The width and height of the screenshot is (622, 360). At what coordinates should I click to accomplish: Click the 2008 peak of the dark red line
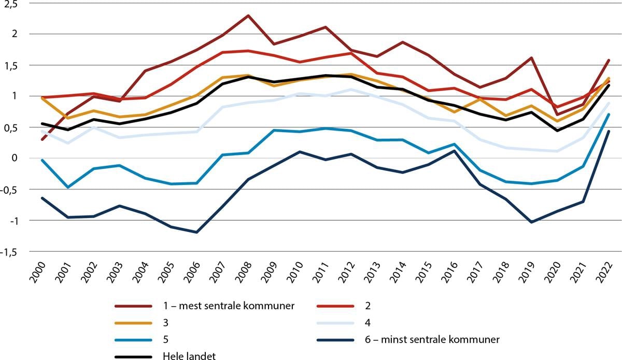click(248, 16)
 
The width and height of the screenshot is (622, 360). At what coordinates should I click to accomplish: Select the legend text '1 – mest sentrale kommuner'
click(228, 305)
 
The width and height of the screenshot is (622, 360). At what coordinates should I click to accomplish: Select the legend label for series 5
click(164, 340)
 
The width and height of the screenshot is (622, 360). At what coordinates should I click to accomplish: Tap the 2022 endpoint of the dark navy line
click(608, 132)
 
